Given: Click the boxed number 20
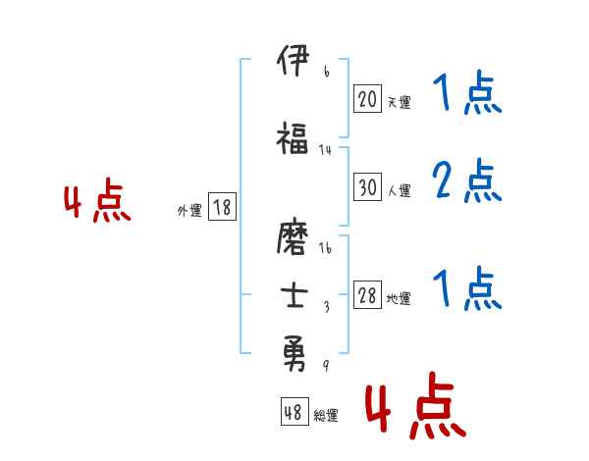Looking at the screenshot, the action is click(x=367, y=98).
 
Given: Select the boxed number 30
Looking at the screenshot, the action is click(x=367, y=188).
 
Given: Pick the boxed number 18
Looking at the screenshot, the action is click(x=222, y=207).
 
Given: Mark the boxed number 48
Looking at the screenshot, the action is click(x=294, y=413).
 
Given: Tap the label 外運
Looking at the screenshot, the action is click(x=188, y=210).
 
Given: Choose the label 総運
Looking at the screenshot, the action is click(x=326, y=416).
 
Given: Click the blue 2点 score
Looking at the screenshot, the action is click(x=466, y=181).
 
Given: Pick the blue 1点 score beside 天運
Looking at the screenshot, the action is click(x=466, y=95).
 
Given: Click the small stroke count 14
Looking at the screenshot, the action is click(x=326, y=150).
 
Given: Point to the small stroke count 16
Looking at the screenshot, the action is click(x=326, y=247).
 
